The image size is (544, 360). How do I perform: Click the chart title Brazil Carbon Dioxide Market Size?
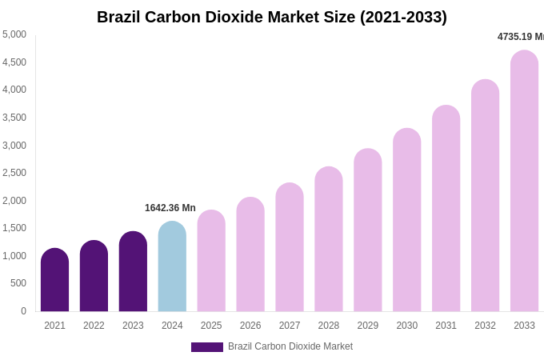click(272, 17)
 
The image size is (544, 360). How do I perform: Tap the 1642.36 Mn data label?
click(170, 208)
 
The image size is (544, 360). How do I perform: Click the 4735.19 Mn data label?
click(520, 37)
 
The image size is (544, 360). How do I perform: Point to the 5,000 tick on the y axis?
click(14, 34)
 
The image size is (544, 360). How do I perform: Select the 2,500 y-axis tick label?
click(14, 173)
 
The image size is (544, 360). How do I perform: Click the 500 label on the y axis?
click(18, 283)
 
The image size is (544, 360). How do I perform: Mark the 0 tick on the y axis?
click(23, 311)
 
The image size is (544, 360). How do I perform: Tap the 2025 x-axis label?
click(211, 326)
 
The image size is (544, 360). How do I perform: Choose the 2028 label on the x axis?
click(329, 326)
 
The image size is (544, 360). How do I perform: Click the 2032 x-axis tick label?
click(485, 326)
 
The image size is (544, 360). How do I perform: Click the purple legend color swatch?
click(207, 347)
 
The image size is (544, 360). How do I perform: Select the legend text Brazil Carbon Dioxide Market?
click(290, 346)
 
